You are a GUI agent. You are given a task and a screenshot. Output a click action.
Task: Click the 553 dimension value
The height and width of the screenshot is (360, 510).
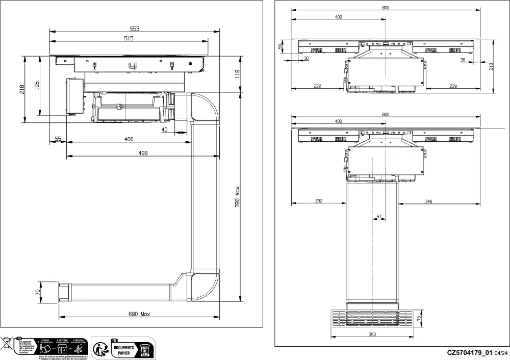tap(135, 29)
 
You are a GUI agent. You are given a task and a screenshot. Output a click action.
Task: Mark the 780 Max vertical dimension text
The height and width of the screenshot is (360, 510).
tap(238, 195)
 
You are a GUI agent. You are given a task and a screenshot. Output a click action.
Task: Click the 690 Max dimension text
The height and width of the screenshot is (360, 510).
tap(138, 313)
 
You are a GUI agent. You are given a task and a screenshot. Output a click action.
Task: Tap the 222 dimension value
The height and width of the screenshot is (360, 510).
tap(317, 87)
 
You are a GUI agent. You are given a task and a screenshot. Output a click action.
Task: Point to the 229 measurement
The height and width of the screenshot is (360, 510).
tap(453, 87)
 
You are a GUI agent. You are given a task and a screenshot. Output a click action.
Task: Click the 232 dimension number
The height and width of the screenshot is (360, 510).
tap(318, 201)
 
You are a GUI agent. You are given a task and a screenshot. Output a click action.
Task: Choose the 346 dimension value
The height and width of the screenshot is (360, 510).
tap(428, 201)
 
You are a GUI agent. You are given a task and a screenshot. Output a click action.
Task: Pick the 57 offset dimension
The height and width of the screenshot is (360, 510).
tap(379, 217)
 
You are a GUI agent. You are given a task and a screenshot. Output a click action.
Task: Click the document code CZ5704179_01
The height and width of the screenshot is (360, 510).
tap(469, 352)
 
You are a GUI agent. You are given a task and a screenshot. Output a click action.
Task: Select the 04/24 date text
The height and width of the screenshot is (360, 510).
tap(501, 353)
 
